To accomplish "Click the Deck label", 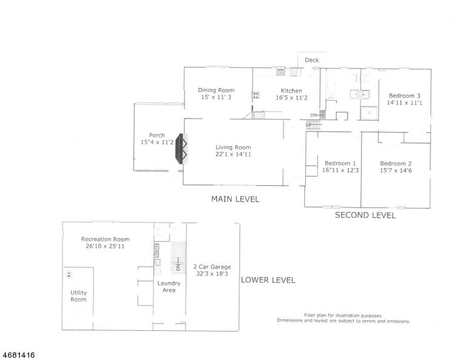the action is point(312,60).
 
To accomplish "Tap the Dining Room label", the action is point(216,90).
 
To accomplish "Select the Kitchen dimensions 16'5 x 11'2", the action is point(291,98).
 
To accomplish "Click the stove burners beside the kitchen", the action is point(255,95).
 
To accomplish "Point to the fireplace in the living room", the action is point(181,149).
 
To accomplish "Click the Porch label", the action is point(157,135).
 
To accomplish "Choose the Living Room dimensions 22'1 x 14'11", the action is point(233,154).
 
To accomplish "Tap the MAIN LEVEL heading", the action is point(235,199).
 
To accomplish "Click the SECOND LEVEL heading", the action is point(365,216).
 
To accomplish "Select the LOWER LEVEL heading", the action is point(268,280).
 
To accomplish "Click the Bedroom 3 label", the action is point(405,96).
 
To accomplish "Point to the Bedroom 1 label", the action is point(340,163).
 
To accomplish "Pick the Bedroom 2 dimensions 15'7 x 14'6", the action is point(396,171).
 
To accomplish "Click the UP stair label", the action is point(309,125).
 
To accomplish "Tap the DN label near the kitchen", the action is point(314,115).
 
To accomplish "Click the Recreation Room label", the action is point(105,239).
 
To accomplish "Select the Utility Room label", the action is point(78,296).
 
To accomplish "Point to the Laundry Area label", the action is point(169,287).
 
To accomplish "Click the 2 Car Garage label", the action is point(212,267).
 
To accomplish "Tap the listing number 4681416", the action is point(18,355).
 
